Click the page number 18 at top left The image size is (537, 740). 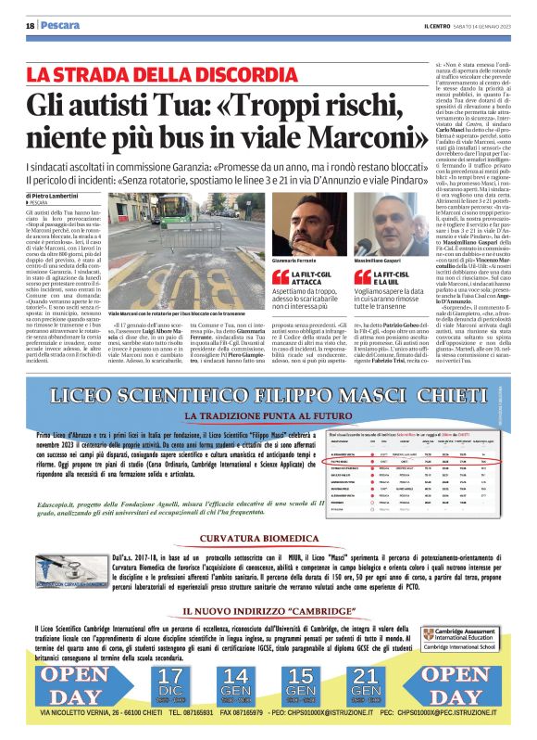pos(30,25)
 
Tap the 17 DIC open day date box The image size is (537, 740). pos(170,682)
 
